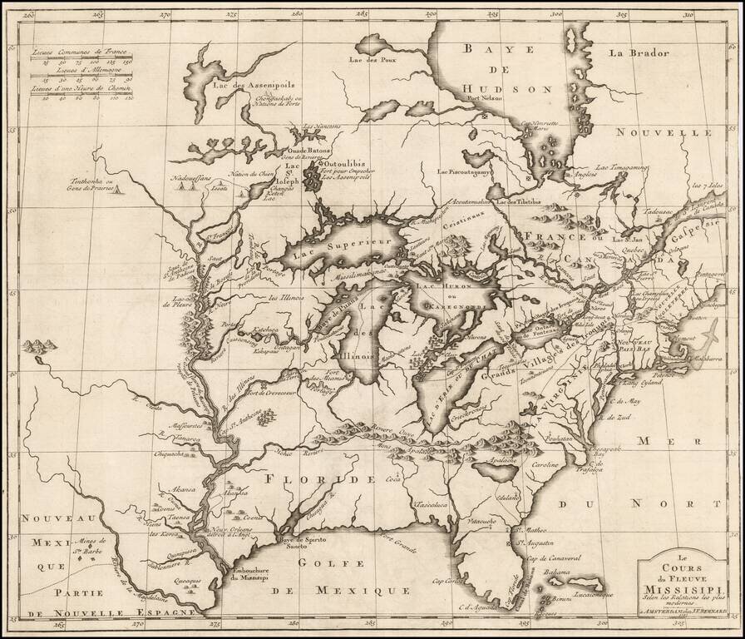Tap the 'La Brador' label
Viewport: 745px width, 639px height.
point(638,54)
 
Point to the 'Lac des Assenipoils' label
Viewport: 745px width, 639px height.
point(244,84)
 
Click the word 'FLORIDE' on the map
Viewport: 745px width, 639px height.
point(315,480)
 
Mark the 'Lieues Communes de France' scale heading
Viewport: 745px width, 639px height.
point(75,52)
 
